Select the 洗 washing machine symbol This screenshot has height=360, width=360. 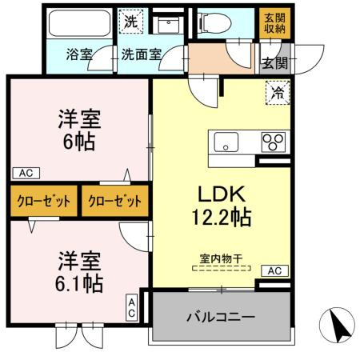point(130,22)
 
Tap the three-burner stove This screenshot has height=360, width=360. point(273,143)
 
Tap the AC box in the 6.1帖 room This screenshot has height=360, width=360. point(132,308)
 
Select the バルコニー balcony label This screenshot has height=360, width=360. point(220,318)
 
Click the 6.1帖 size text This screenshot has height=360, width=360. point(78,282)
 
